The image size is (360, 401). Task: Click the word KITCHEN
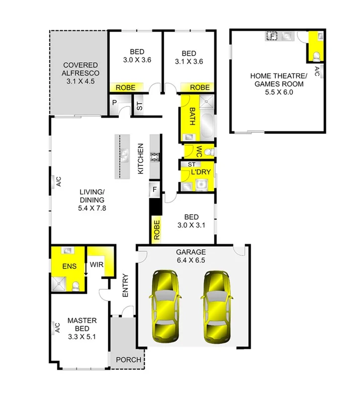click(x=141, y=159)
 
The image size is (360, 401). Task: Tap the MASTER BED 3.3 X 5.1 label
click(x=82, y=328)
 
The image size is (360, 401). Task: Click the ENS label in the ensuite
click(x=69, y=266)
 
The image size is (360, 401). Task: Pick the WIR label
click(x=96, y=264)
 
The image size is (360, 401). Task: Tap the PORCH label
click(x=128, y=360)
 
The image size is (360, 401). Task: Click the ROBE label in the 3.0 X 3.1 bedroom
click(x=157, y=230)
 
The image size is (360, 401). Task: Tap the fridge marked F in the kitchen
click(x=154, y=189)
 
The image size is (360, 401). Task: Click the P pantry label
click(x=114, y=103)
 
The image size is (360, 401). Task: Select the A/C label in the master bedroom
click(x=57, y=327)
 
